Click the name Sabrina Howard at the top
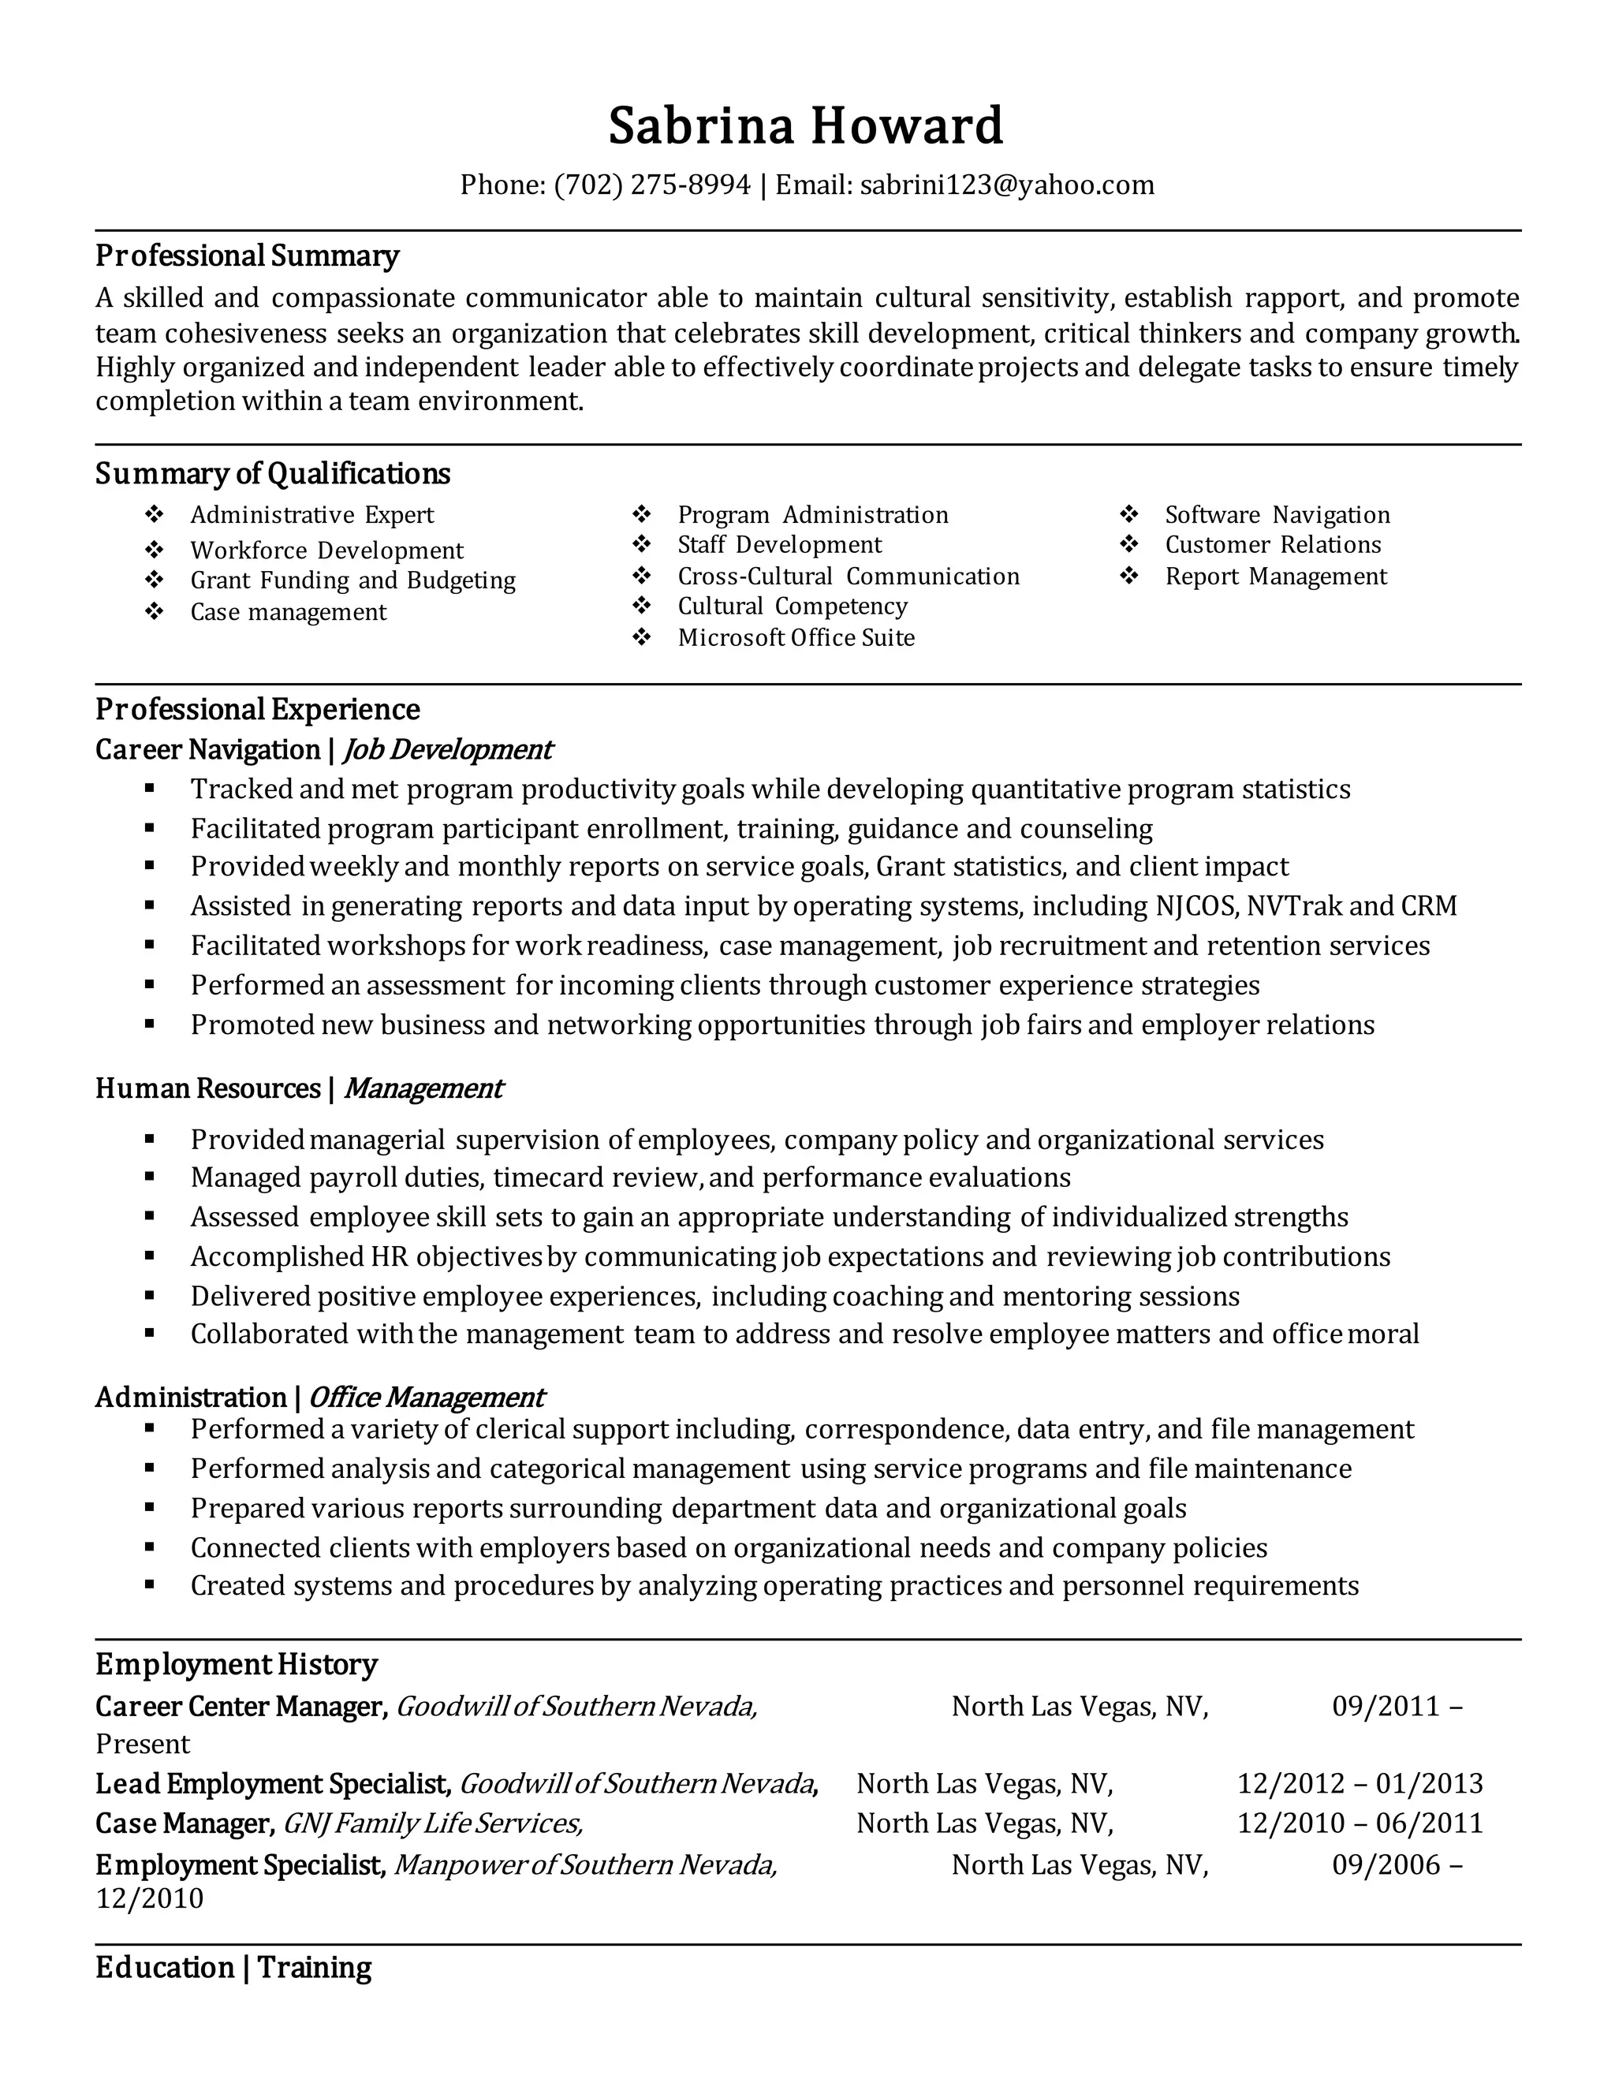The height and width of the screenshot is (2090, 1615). (806, 126)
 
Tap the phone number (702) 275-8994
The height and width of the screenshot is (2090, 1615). (651, 185)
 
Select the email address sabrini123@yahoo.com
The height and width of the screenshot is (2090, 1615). (1006, 185)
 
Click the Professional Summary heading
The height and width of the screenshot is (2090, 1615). (247, 256)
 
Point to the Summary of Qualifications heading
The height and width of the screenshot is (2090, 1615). (273, 474)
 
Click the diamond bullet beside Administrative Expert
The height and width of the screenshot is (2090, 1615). (154, 515)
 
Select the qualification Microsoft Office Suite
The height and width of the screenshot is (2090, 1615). (796, 637)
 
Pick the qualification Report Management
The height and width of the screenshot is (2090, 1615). (1275, 576)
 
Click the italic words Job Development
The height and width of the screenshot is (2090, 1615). (447, 749)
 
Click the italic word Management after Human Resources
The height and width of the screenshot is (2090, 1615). (422, 1088)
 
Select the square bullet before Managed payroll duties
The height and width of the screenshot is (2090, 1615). (150, 1177)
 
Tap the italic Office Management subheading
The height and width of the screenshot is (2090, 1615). (426, 1398)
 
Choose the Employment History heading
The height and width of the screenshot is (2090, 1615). (237, 1664)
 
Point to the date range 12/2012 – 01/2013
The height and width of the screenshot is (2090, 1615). (1360, 1783)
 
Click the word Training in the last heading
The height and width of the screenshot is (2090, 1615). (314, 1968)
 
